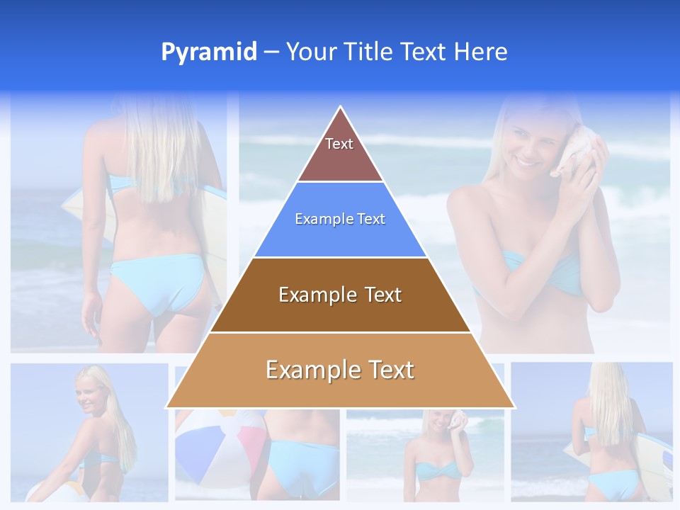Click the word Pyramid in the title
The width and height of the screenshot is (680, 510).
tap(209, 52)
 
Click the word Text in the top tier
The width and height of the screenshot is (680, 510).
tap(339, 144)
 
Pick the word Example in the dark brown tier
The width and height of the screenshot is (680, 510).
tap(316, 295)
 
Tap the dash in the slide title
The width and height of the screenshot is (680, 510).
tap(271, 52)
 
